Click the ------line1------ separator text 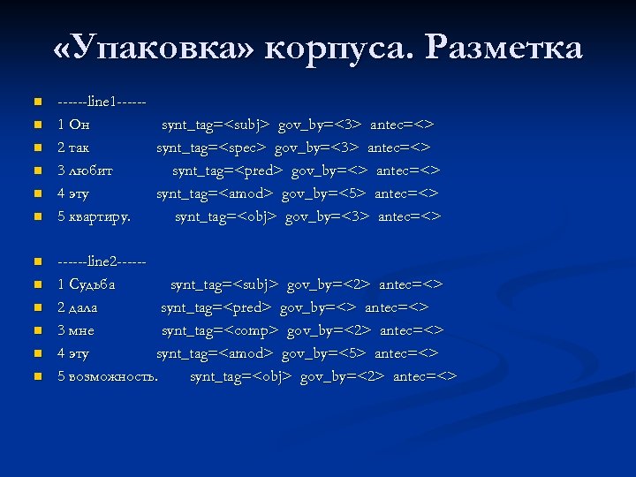pyautogui.click(x=101, y=102)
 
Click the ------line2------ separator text pyautogui.click(x=101, y=262)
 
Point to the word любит pyautogui.click(x=91, y=170)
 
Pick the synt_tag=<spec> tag pyautogui.click(x=212, y=148)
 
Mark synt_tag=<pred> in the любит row pyautogui.click(x=227, y=170)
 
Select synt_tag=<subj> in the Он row pyautogui.click(x=215, y=125)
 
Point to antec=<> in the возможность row pyautogui.click(x=425, y=377)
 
